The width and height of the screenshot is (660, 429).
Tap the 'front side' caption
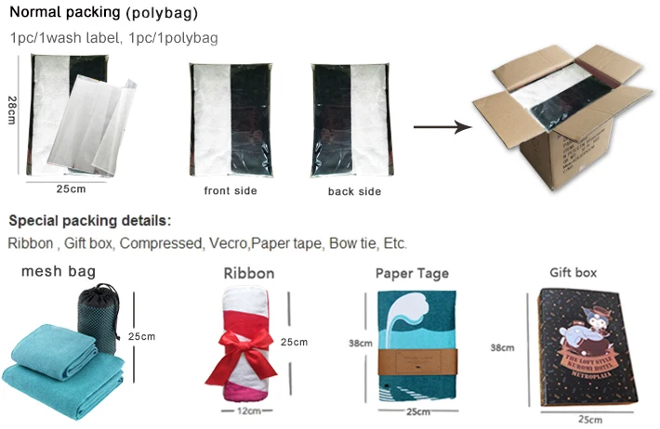click(x=231, y=191)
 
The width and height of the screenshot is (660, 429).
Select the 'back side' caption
click(x=354, y=192)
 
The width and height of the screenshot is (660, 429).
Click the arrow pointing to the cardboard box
click(x=442, y=126)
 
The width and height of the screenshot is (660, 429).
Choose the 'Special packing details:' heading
click(x=90, y=221)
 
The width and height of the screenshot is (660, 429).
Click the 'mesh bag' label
click(x=59, y=272)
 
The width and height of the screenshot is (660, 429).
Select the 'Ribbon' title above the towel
click(x=249, y=274)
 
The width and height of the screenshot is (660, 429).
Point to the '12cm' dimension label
click(x=245, y=410)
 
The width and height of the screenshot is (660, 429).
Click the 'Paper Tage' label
click(x=412, y=273)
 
